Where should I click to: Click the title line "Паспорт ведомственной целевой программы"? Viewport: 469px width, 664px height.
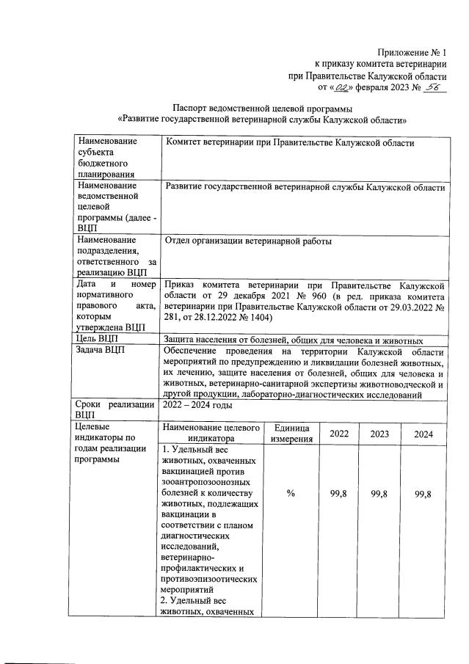[262, 106]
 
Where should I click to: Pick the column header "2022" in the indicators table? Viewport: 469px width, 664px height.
[338, 434]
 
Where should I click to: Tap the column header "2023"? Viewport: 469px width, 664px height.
[379, 434]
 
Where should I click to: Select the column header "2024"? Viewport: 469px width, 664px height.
[423, 434]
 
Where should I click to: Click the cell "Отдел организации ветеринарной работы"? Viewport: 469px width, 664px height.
[248, 241]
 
